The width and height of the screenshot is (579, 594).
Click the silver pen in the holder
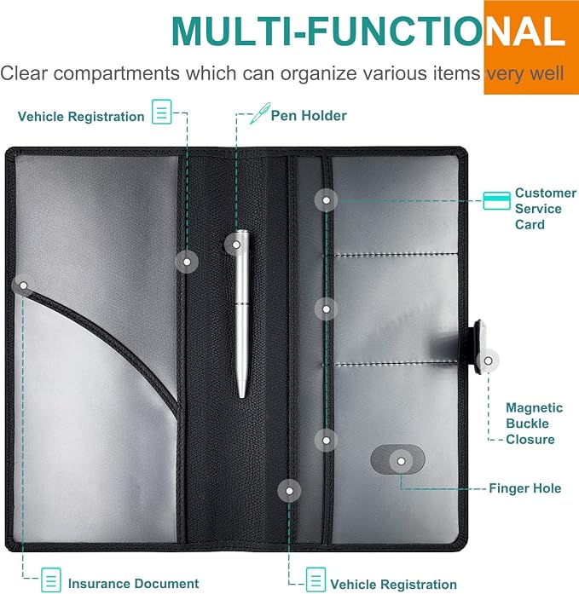[x=242, y=314]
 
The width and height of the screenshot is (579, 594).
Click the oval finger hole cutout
[x=397, y=459]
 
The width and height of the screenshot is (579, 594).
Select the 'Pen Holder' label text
[x=309, y=116]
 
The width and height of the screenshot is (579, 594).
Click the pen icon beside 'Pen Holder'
[x=260, y=112]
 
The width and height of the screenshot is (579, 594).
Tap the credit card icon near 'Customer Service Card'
[x=496, y=200]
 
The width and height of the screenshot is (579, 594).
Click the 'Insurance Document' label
[x=133, y=584]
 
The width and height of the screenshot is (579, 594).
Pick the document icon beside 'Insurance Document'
[x=51, y=580]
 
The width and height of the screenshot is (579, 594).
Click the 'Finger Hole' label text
[x=524, y=488]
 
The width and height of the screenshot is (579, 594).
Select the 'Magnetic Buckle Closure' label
[x=534, y=424]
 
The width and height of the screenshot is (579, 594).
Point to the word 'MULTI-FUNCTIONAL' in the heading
[x=368, y=32]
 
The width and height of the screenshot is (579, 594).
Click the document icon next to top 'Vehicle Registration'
[x=162, y=112]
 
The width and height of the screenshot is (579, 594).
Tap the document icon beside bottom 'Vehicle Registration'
[x=316, y=580]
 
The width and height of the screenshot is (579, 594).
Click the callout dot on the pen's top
[x=236, y=245]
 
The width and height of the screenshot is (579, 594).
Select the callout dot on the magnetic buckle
[x=488, y=360]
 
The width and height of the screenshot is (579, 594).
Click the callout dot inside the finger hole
[x=401, y=461]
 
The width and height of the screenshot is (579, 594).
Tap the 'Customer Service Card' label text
[x=545, y=208]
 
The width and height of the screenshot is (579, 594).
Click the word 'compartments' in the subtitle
[x=116, y=73]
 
